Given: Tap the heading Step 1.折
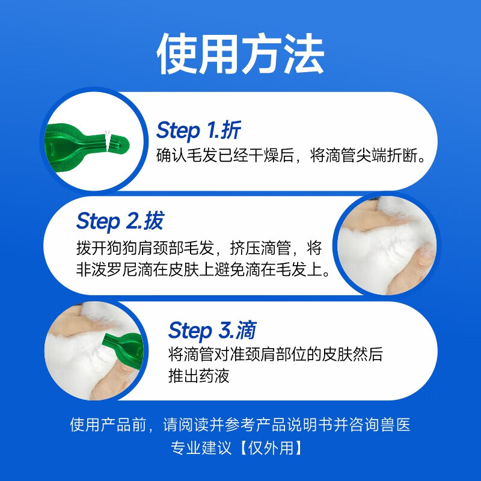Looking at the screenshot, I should click(199, 130).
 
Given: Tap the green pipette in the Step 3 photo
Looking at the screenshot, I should click(124, 349).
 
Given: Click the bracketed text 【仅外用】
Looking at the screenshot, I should click(273, 449).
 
